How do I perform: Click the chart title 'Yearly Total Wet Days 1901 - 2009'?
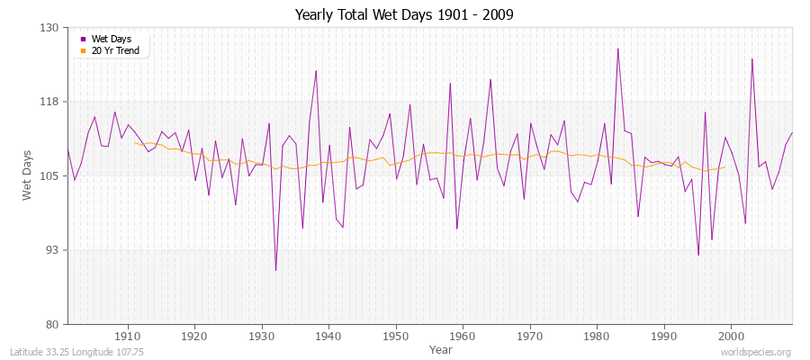click(x=404, y=15)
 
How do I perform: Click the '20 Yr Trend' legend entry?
click(x=114, y=50)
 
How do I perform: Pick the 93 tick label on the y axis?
click(x=51, y=249)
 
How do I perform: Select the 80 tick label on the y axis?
click(x=51, y=324)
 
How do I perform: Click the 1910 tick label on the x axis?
click(x=127, y=337)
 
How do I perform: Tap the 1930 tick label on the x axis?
click(x=261, y=337)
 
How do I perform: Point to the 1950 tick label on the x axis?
click(x=395, y=337)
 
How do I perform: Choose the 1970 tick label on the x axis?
click(x=529, y=337)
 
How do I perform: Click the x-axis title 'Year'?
click(x=441, y=349)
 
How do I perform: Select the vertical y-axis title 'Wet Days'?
click(x=27, y=175)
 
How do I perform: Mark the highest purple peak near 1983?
click(x=617, y=49)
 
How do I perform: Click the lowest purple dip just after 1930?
click(x=275, y=270)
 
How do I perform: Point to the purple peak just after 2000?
click(x=751, y=58)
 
